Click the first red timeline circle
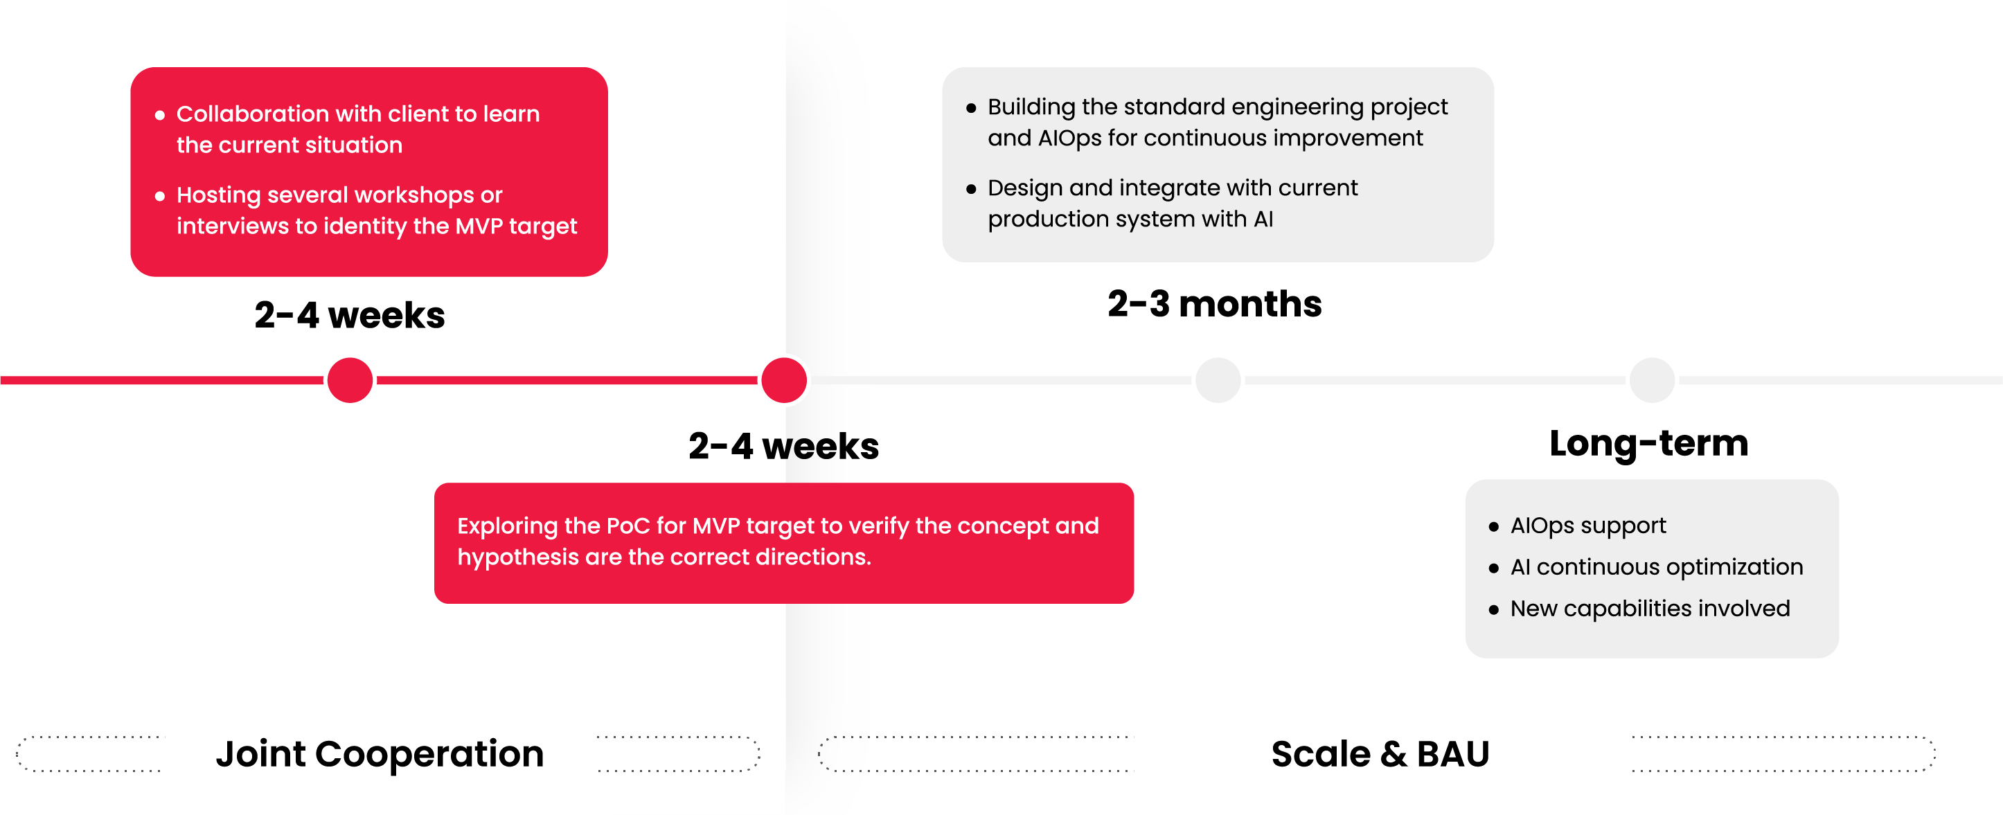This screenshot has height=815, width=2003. [x=350, y=380]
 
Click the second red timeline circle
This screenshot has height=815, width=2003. [x=784, y=380]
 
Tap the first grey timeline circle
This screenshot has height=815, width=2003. [x=1218, y=380]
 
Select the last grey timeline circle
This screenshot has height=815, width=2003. [x=1652, y=380]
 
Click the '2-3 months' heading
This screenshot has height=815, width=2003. [x=1215, y=303]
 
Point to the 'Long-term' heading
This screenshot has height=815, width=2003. [x=1648, y=443]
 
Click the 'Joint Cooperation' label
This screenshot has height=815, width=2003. [x=380, y=753]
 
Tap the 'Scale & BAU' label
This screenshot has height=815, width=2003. [x=1380, y=753]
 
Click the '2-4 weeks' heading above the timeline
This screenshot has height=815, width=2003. [x=349, y=315]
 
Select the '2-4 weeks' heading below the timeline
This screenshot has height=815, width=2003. [x=784, y=447]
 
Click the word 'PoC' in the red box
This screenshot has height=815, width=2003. [x=627, y=526]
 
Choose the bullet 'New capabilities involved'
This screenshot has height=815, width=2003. [x=1650, y=608]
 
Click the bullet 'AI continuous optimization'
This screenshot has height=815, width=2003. [x=1656, y=567]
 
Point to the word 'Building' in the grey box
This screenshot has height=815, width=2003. [x=1031, y=107]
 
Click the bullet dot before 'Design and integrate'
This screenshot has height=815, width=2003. [x=970, y=189]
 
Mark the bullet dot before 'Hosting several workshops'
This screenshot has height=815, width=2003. [x=159, y=196]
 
